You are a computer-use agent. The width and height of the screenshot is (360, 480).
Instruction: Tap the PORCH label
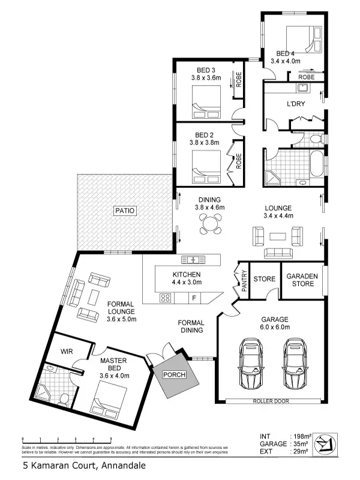click(173, 375)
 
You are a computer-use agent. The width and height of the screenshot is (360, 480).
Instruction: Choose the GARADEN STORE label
click(300, 280)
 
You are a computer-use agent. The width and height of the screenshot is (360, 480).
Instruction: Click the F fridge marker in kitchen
click(194, 297)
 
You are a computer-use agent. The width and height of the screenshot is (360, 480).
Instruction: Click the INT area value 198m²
click(298, 436)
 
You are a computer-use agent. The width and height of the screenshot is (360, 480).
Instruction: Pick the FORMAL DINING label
click(191, 326)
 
